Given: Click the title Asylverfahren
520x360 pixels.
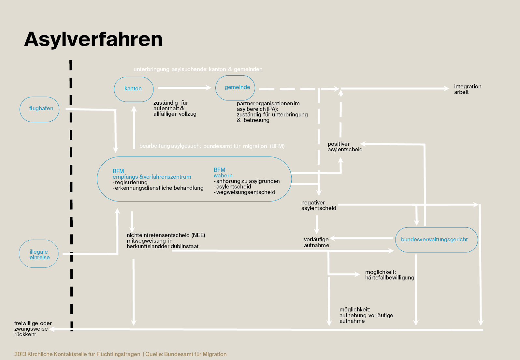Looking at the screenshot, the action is [x=93, y=39].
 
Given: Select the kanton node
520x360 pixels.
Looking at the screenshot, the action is [x=134, y=89].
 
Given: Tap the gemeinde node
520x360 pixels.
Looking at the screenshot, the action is [x=235, y=87].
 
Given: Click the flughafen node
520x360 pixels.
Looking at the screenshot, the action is [x=40, y=109].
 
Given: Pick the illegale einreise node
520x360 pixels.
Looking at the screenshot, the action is [x=39, y=254].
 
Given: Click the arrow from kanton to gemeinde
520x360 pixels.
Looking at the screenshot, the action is [x=184, y=88].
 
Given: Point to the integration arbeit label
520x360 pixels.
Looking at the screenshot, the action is [x=467, y=89].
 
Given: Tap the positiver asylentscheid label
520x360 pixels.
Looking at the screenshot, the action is [x=345, y=147].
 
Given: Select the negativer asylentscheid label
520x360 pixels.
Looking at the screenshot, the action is [x=318, y=205].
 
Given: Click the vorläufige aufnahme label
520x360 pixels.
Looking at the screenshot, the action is [x=316, y=242].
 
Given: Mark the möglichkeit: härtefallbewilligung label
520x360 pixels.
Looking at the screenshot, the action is [x=389, y=275].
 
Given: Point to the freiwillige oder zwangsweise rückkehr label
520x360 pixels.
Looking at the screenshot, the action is [x=33, y=329].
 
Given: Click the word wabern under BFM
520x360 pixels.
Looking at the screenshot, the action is [x=223, y=175].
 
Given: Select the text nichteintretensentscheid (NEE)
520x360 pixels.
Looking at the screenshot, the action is [x=166, y=235].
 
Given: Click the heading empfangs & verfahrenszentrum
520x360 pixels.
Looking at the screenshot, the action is [x=152, y=177].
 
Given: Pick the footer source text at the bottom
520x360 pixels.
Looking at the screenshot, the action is [x=121, y=354].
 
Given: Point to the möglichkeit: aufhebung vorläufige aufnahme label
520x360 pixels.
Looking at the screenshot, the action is [x=366, y=315].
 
